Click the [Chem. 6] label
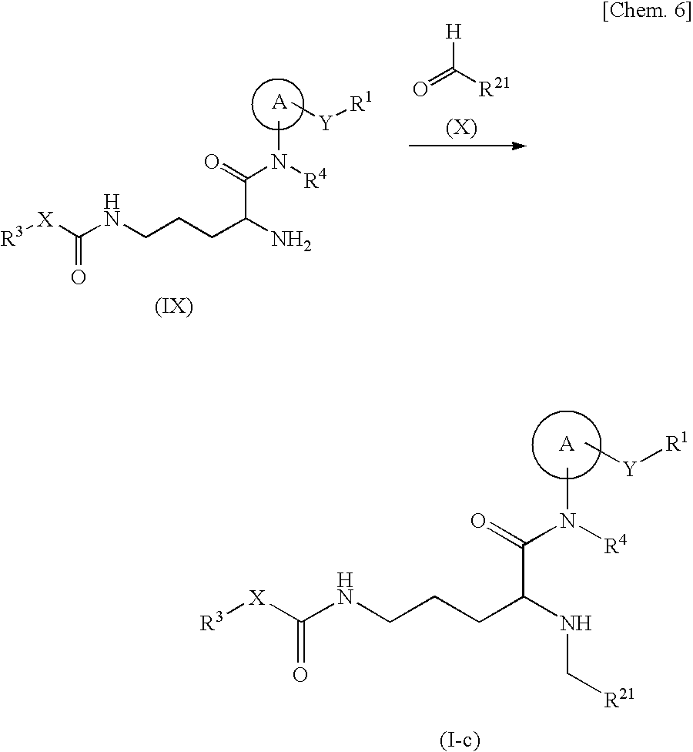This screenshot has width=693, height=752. [x=652, y=15]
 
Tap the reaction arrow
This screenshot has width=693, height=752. [x=467, y=145]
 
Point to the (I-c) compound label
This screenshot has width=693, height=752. [x=460, y=741]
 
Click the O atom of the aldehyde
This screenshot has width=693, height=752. [x=420, y=89]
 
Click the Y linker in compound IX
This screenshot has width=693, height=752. [x=325, y=123]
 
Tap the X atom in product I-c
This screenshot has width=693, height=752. [x=256, y=599]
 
